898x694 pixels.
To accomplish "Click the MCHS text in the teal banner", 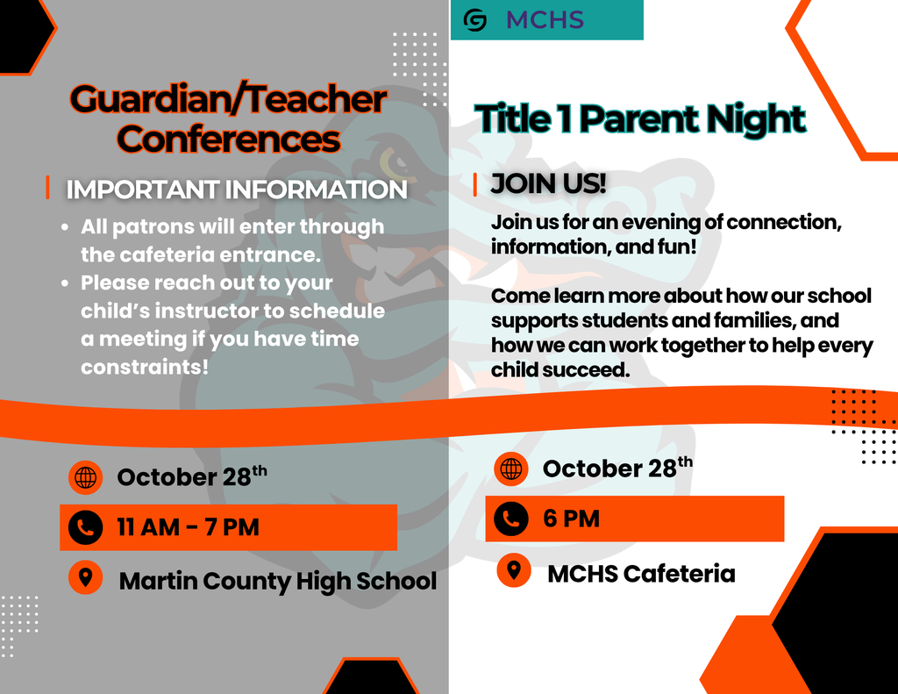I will click(545, 20).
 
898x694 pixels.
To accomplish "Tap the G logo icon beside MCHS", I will click(475, 20).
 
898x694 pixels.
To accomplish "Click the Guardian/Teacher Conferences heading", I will click(228, 118).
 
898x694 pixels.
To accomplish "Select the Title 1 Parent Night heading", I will click(640, 118).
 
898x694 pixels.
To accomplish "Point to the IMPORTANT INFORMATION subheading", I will click(237, 190).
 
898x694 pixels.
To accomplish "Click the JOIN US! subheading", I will click(548, 184).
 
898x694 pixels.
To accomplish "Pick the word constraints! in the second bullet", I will click(145, 367).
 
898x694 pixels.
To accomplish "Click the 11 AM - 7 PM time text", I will click(189, 527).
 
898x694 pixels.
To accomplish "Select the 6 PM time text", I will click(571, 519).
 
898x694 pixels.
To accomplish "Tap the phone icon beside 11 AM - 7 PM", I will click(85, 527).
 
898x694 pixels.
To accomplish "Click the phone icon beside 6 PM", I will click(511, 519).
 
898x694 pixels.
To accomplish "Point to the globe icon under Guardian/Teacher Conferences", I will click(85, 477).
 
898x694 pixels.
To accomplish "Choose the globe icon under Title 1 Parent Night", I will click(511, 469).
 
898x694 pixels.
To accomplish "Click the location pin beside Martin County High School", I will click(85, 578).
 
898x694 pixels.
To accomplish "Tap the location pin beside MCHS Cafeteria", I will click(513, 570).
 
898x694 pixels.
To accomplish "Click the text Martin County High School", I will click(277, 580).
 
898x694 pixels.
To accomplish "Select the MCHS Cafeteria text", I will click(641, 574).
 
